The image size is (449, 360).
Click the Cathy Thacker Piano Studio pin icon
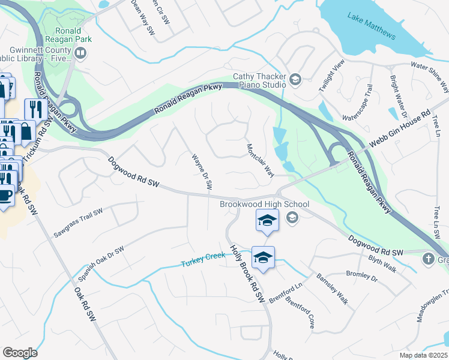click(x=295, y=79)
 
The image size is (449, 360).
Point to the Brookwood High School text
click(x=264, y=205)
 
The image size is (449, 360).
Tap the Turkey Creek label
click(x=203, y=260)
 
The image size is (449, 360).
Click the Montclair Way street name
click(x=261, y=160)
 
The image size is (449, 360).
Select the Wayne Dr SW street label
click(x=202, y=172)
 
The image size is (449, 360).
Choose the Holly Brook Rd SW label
click(x=247, y=274)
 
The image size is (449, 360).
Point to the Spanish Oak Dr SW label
click(x=100, y=263)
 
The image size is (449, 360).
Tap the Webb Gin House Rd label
click(x=400, y=130)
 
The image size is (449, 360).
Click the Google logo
click(x=20, y=353)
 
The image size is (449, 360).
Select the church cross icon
click(x=428, y=259)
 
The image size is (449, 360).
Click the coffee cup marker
click(x=5, y=196)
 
